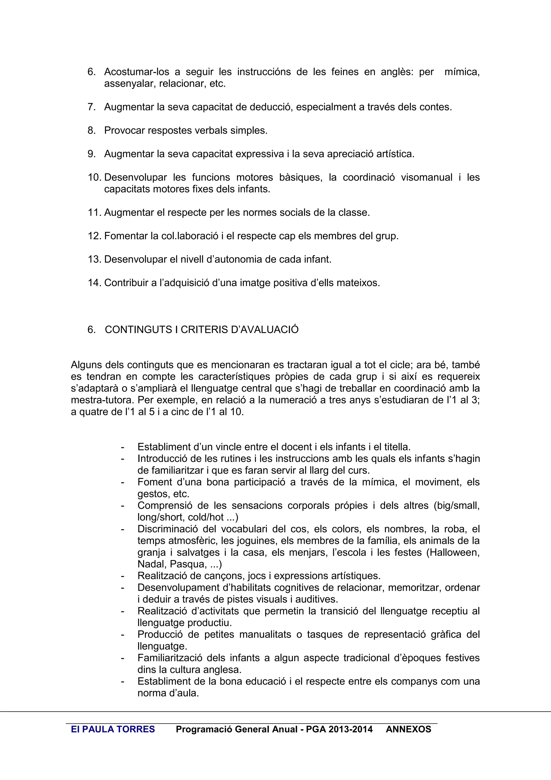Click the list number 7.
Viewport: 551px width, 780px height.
[x=91, y=107]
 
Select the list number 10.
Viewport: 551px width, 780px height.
[x=95, y=177]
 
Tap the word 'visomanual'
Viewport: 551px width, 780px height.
[x=426, y=177]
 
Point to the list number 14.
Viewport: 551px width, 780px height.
[x=95, y=283]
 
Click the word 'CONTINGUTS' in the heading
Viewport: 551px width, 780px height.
[x=139, y=329]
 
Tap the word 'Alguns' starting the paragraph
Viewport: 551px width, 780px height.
[x=87, y=365]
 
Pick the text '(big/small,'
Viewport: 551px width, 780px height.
[x=456, y=506]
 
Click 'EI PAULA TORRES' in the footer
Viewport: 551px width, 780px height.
[x=113, y=729]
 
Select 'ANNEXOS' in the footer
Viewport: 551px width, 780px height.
[x=408, y=729]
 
